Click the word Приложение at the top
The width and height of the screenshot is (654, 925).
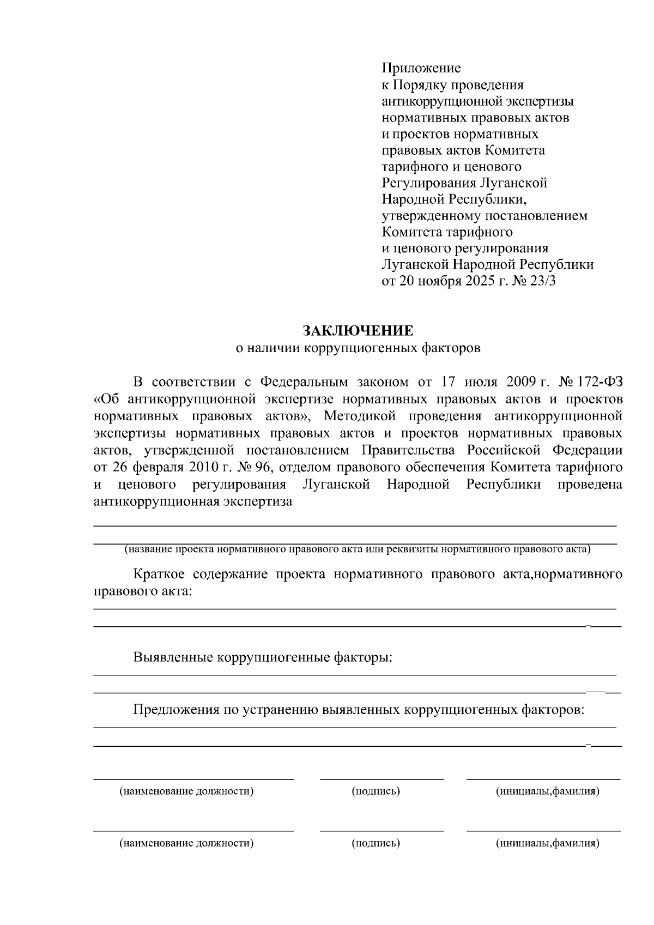coord(421,68)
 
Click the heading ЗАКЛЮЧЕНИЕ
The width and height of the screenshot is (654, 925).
coord(358,331)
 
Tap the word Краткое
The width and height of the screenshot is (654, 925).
coord(158,574)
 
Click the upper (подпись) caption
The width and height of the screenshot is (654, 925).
coord(376,791)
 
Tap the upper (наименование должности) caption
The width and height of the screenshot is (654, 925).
coord(187,791)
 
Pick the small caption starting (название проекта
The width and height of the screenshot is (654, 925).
coord(358,549)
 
